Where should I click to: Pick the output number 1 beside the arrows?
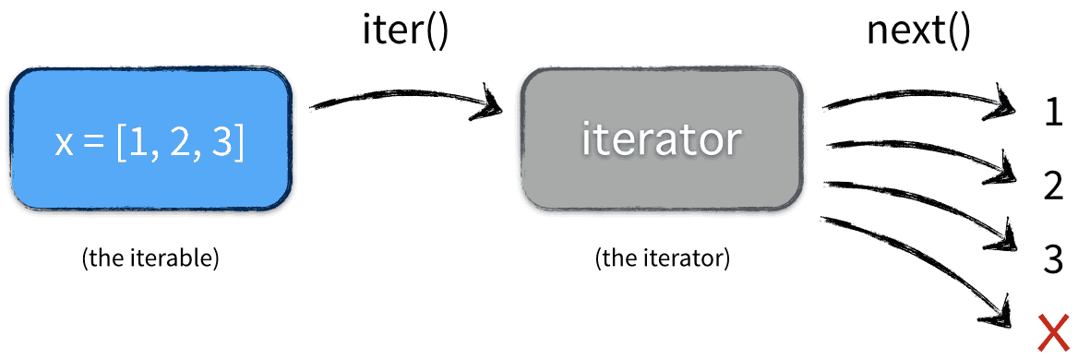(x=1052, y=114)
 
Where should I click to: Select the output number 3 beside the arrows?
(x=1053, y=259)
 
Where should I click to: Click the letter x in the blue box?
(x=64, y=144)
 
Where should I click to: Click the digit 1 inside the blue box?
(x=135, y=144)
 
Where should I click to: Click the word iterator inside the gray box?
(x=661, y=138)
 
